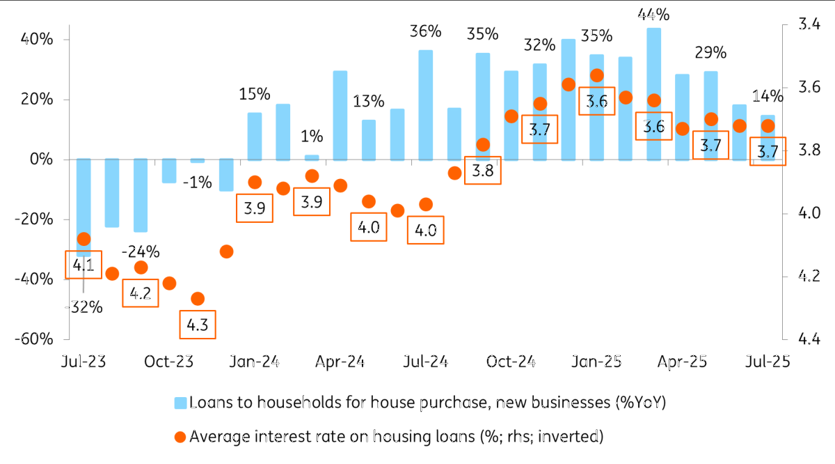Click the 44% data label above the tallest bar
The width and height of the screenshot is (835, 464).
653,15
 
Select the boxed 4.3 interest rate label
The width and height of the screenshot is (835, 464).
198,325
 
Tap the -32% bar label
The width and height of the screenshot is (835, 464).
84,307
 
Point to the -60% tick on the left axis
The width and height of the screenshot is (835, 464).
34,339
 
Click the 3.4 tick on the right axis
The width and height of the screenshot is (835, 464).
809,24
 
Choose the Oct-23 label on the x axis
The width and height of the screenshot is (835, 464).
169,362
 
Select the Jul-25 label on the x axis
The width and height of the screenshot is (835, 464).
768,362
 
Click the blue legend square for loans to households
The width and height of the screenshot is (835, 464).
180,403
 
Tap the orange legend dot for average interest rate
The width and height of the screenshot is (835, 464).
180,437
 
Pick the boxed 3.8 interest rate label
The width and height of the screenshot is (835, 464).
483,170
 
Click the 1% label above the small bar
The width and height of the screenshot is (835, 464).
312,137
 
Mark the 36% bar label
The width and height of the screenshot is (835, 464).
426,31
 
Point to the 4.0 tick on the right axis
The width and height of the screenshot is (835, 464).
809,213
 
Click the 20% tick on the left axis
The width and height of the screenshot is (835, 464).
37,100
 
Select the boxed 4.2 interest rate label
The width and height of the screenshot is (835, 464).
141,293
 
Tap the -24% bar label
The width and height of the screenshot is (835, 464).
141,252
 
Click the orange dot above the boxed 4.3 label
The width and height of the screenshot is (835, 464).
198,299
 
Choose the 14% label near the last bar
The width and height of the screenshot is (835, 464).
768,96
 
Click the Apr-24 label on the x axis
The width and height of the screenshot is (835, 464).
340,362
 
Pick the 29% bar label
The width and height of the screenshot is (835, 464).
710,53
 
